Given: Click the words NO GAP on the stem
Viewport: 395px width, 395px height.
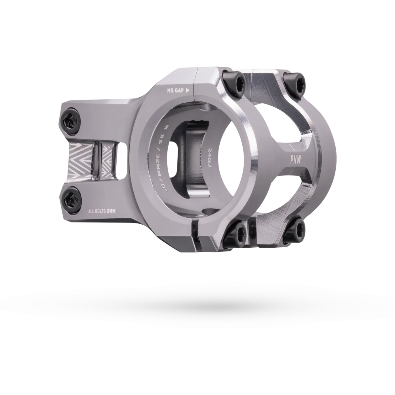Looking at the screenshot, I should click(x=175, y=91).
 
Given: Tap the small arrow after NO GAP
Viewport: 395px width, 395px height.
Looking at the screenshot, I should click(x=187, y=91).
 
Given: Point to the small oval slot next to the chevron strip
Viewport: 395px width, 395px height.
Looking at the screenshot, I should click(x=122, y=161).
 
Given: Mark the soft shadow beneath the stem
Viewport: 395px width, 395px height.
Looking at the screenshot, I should click(x=199, y=305).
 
